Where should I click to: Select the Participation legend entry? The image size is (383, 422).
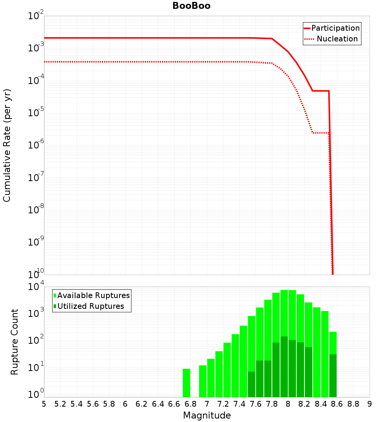point(336,28)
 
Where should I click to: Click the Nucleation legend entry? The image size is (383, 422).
point(337,39)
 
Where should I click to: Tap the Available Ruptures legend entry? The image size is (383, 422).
point(93,295)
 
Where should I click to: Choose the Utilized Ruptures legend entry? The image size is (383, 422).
point(90,306)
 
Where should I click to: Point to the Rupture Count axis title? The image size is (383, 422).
point(15,341)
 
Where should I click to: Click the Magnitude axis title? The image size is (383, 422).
point(207,415)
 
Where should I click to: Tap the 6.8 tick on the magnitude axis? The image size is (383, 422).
point(190,404)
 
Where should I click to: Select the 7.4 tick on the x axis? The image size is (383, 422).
point(239,404)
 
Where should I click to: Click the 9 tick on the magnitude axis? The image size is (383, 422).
point(369,404)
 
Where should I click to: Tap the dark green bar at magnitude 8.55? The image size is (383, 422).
point(333,376)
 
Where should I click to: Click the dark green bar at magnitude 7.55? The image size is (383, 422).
point(252,384)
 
